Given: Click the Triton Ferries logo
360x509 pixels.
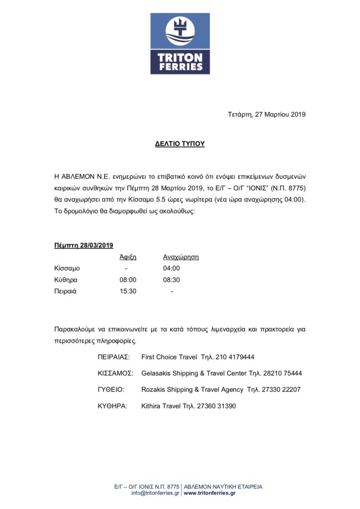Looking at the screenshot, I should coord(180,44).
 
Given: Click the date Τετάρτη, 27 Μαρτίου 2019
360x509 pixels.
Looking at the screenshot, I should coord(267,114).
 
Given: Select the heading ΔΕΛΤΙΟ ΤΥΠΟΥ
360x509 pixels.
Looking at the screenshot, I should coord(180,144).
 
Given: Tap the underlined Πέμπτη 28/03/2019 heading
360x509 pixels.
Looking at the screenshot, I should coord(84,245).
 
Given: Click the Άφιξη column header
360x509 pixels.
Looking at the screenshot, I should coord(128,257).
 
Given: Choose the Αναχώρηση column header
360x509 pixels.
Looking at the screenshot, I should coord(181,257).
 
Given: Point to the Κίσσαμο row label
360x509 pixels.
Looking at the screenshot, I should coord(67,268).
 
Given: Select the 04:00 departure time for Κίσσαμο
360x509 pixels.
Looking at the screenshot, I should coord(172,268).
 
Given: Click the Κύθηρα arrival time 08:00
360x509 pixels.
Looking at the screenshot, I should coord(128,280).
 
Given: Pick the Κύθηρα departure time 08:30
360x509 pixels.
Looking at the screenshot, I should coord(172,280).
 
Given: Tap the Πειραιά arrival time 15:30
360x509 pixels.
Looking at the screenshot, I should coord(128,291).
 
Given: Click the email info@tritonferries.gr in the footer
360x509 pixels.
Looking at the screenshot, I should coord(155,493).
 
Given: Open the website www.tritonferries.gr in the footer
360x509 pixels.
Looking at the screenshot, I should coord(210,493).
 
